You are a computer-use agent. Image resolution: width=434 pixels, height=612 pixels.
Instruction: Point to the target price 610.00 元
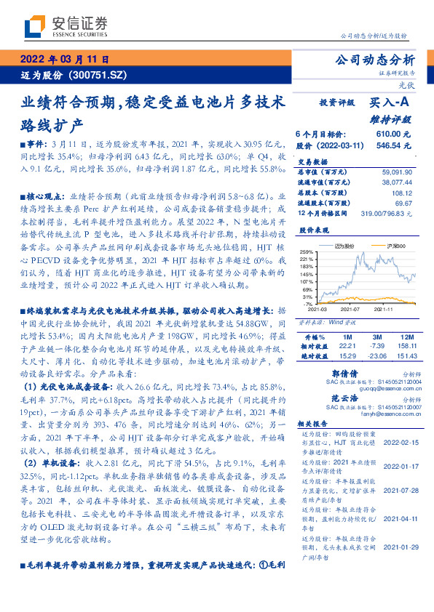point(393,134)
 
